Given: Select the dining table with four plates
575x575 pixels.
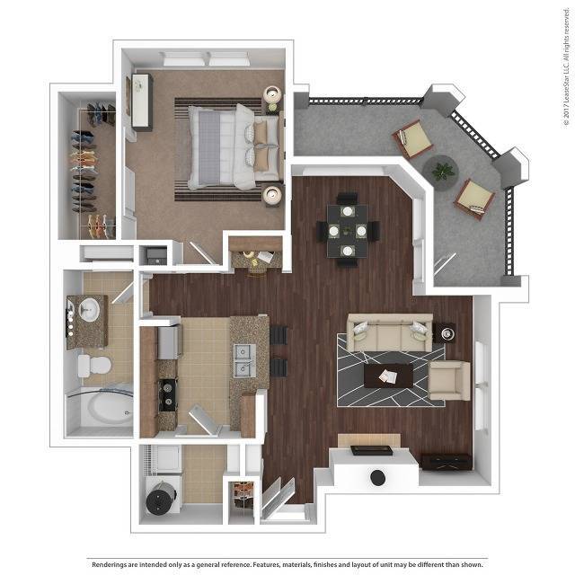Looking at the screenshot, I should (347, 229).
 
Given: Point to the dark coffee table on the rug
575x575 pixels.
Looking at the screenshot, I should (387, 374).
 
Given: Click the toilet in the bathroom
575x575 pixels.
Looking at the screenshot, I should (93, 365).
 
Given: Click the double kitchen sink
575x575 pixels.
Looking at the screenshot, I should (240, 358).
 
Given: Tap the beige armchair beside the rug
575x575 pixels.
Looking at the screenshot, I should (448, 379).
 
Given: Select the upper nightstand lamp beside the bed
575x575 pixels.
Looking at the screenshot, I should (272, 94).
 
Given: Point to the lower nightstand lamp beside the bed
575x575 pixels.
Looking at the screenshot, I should (272, 193).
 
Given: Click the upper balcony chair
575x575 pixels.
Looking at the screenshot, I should (414, 138).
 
